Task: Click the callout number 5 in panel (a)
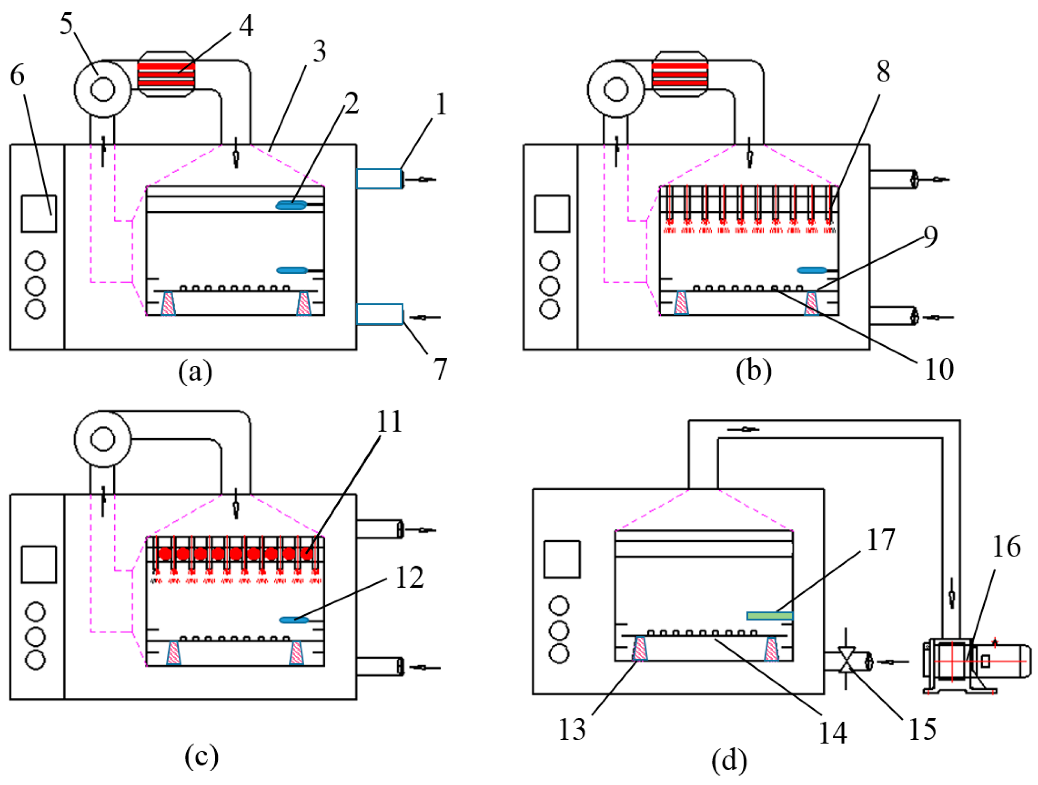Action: click(66, 24)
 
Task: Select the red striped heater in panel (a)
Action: click(166, 74)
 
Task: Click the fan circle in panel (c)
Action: click(103, 439)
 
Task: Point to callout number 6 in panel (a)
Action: click(17, 75)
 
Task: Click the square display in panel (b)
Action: click(552, 214)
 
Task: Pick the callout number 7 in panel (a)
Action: click(440, 369)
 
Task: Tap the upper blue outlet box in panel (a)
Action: click(379, 179)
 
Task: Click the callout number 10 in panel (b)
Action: click(939, 369)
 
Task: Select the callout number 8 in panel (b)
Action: click(883, 72)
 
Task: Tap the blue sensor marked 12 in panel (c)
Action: click(294, 620)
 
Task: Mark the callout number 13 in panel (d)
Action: click(572, 729)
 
